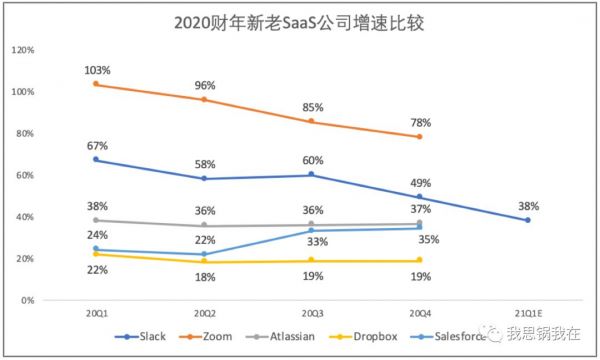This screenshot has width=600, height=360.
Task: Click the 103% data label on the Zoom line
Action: coord(97,70)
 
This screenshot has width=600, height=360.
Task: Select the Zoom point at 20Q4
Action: coord(419,136)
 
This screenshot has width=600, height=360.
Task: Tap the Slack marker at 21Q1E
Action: coord(527,220)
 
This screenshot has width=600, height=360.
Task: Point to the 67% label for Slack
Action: coord(97,145)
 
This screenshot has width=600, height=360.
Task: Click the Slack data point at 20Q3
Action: coord(311,174)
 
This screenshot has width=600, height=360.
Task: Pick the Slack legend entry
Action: coord(141,337)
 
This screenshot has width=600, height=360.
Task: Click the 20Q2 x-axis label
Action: coord(203,313)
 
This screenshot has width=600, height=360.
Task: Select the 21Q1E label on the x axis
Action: coord(527,313)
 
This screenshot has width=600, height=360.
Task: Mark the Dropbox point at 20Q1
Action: coord(96,254)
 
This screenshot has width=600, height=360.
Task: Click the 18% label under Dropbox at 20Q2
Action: coord(204,277)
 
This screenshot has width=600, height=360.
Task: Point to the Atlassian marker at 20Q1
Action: coord(96,220)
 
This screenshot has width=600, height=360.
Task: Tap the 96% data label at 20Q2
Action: coord(204,85)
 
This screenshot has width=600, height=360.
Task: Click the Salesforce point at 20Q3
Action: coord(311,231)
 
